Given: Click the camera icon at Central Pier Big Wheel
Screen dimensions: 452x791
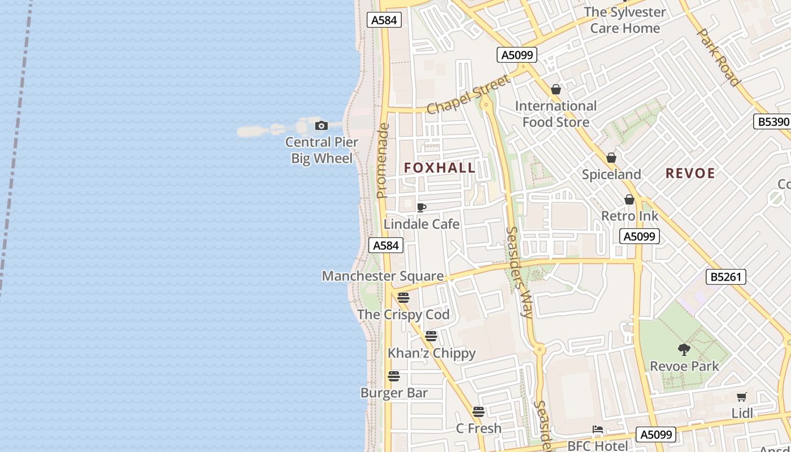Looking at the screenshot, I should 321,125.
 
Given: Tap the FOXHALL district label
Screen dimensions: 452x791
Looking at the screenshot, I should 440,168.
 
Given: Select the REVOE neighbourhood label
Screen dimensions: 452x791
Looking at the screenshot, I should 690,173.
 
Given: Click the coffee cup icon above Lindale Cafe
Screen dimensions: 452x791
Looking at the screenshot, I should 421,207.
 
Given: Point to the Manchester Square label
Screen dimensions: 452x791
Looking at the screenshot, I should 383,276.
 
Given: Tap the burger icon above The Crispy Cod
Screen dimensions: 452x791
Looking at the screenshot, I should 403,298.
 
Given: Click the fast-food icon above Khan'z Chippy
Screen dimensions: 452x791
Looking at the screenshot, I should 431,336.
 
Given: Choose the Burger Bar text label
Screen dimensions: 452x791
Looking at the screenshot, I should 394,393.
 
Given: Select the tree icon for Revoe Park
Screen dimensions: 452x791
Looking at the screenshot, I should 684,350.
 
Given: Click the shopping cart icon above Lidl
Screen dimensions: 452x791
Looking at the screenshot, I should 742,397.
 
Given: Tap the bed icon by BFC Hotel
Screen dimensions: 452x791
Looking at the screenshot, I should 598,429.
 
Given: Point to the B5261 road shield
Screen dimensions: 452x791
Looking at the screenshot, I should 726,277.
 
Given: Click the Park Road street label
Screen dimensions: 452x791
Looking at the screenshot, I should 718,57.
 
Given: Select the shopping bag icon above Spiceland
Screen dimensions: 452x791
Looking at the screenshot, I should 611,158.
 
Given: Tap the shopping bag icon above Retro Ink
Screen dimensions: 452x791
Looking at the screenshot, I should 629,199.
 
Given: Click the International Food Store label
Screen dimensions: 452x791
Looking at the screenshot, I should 555,114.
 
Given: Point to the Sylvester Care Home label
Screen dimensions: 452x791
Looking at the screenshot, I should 624,20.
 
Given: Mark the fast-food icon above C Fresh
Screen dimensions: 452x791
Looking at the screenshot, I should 479,412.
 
